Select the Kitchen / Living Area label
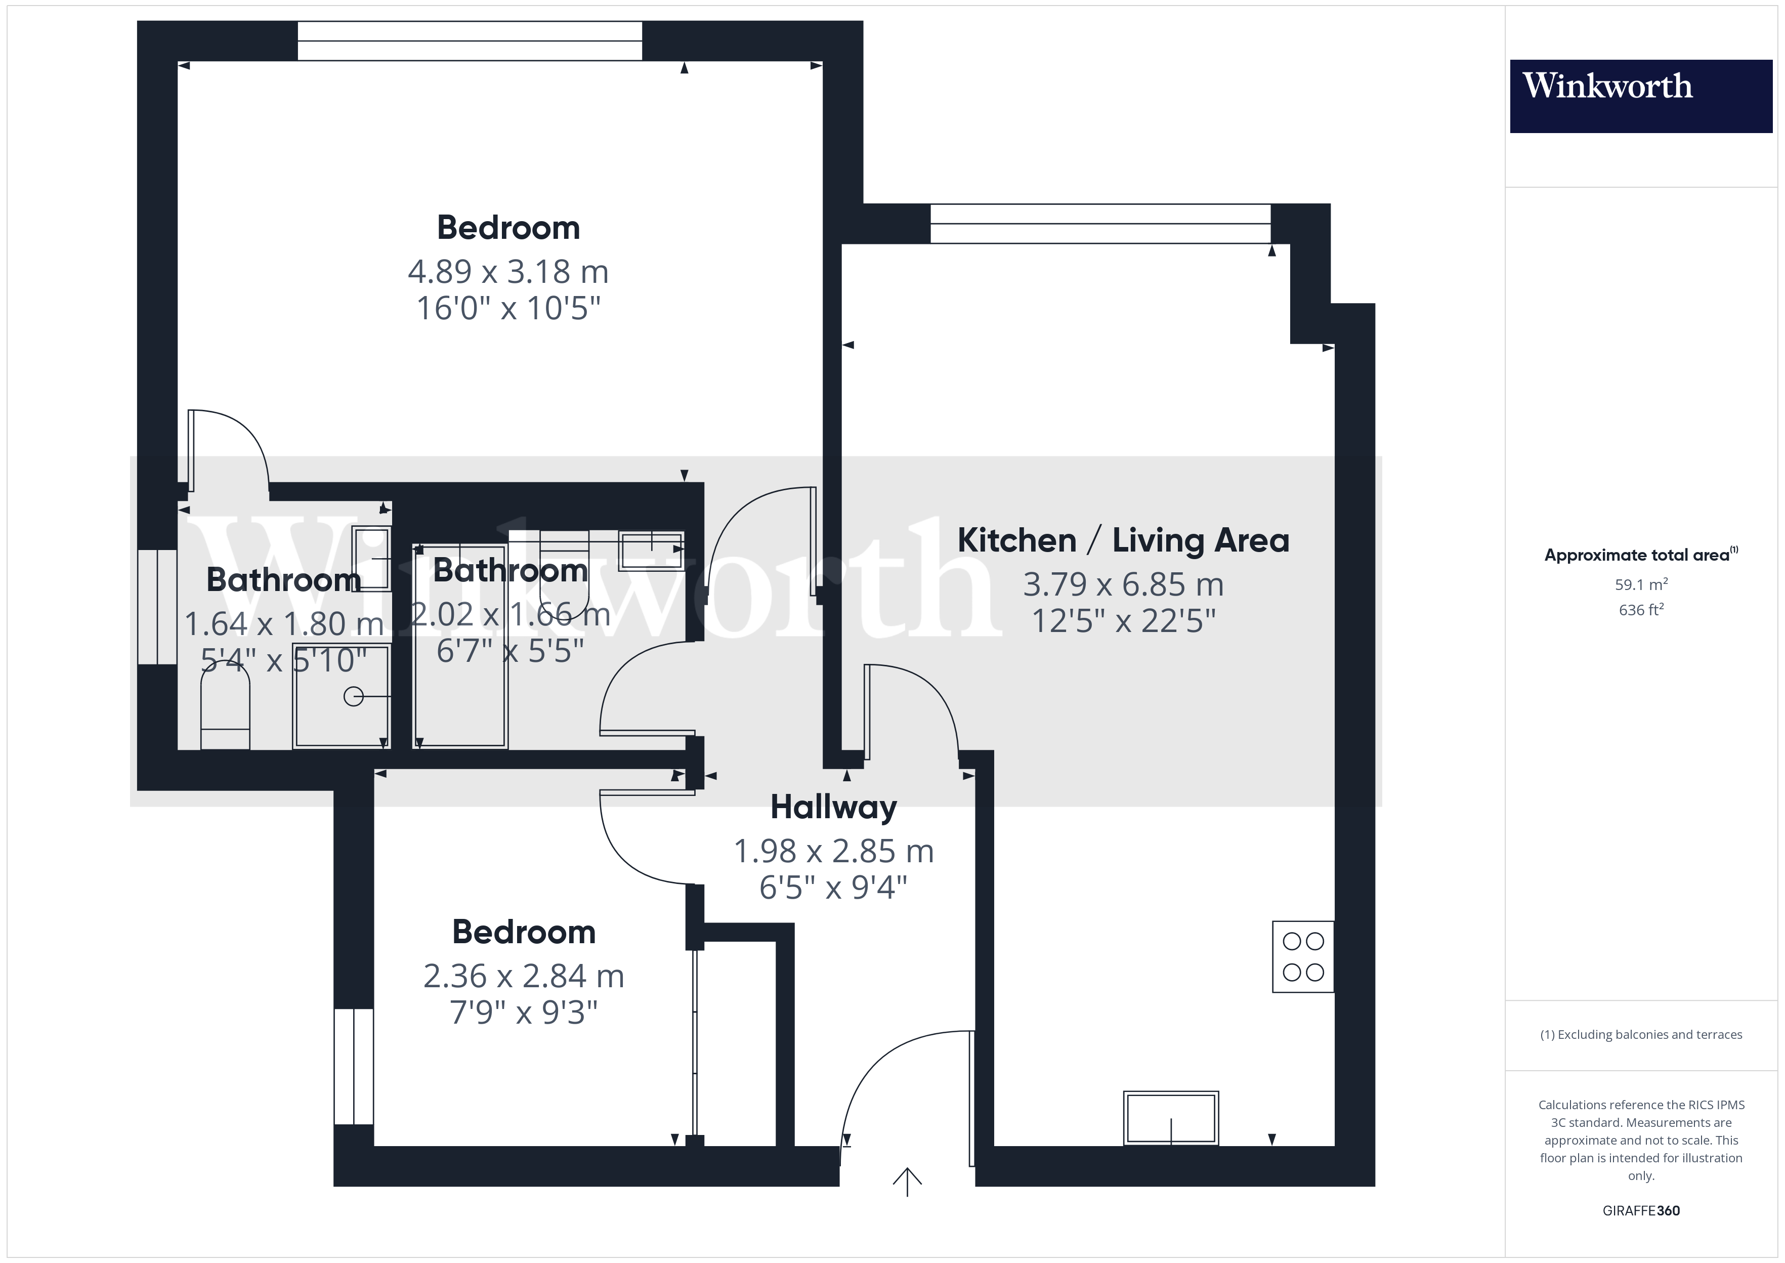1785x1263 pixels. (1123, 540)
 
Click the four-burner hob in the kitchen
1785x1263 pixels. (1303, 956)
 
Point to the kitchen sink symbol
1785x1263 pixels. (1171, 1118)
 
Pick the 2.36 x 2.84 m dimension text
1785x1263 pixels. (523, 976)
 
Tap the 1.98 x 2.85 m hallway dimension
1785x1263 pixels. (833, 852)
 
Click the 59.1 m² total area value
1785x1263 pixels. (1641, 584)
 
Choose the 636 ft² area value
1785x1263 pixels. (1641, 610)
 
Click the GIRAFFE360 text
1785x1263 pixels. (1641, 1211)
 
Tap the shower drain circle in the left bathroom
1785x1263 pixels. (354, 697)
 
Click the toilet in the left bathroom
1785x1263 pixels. (226, 706)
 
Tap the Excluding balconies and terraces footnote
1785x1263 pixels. (1641, 1034)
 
